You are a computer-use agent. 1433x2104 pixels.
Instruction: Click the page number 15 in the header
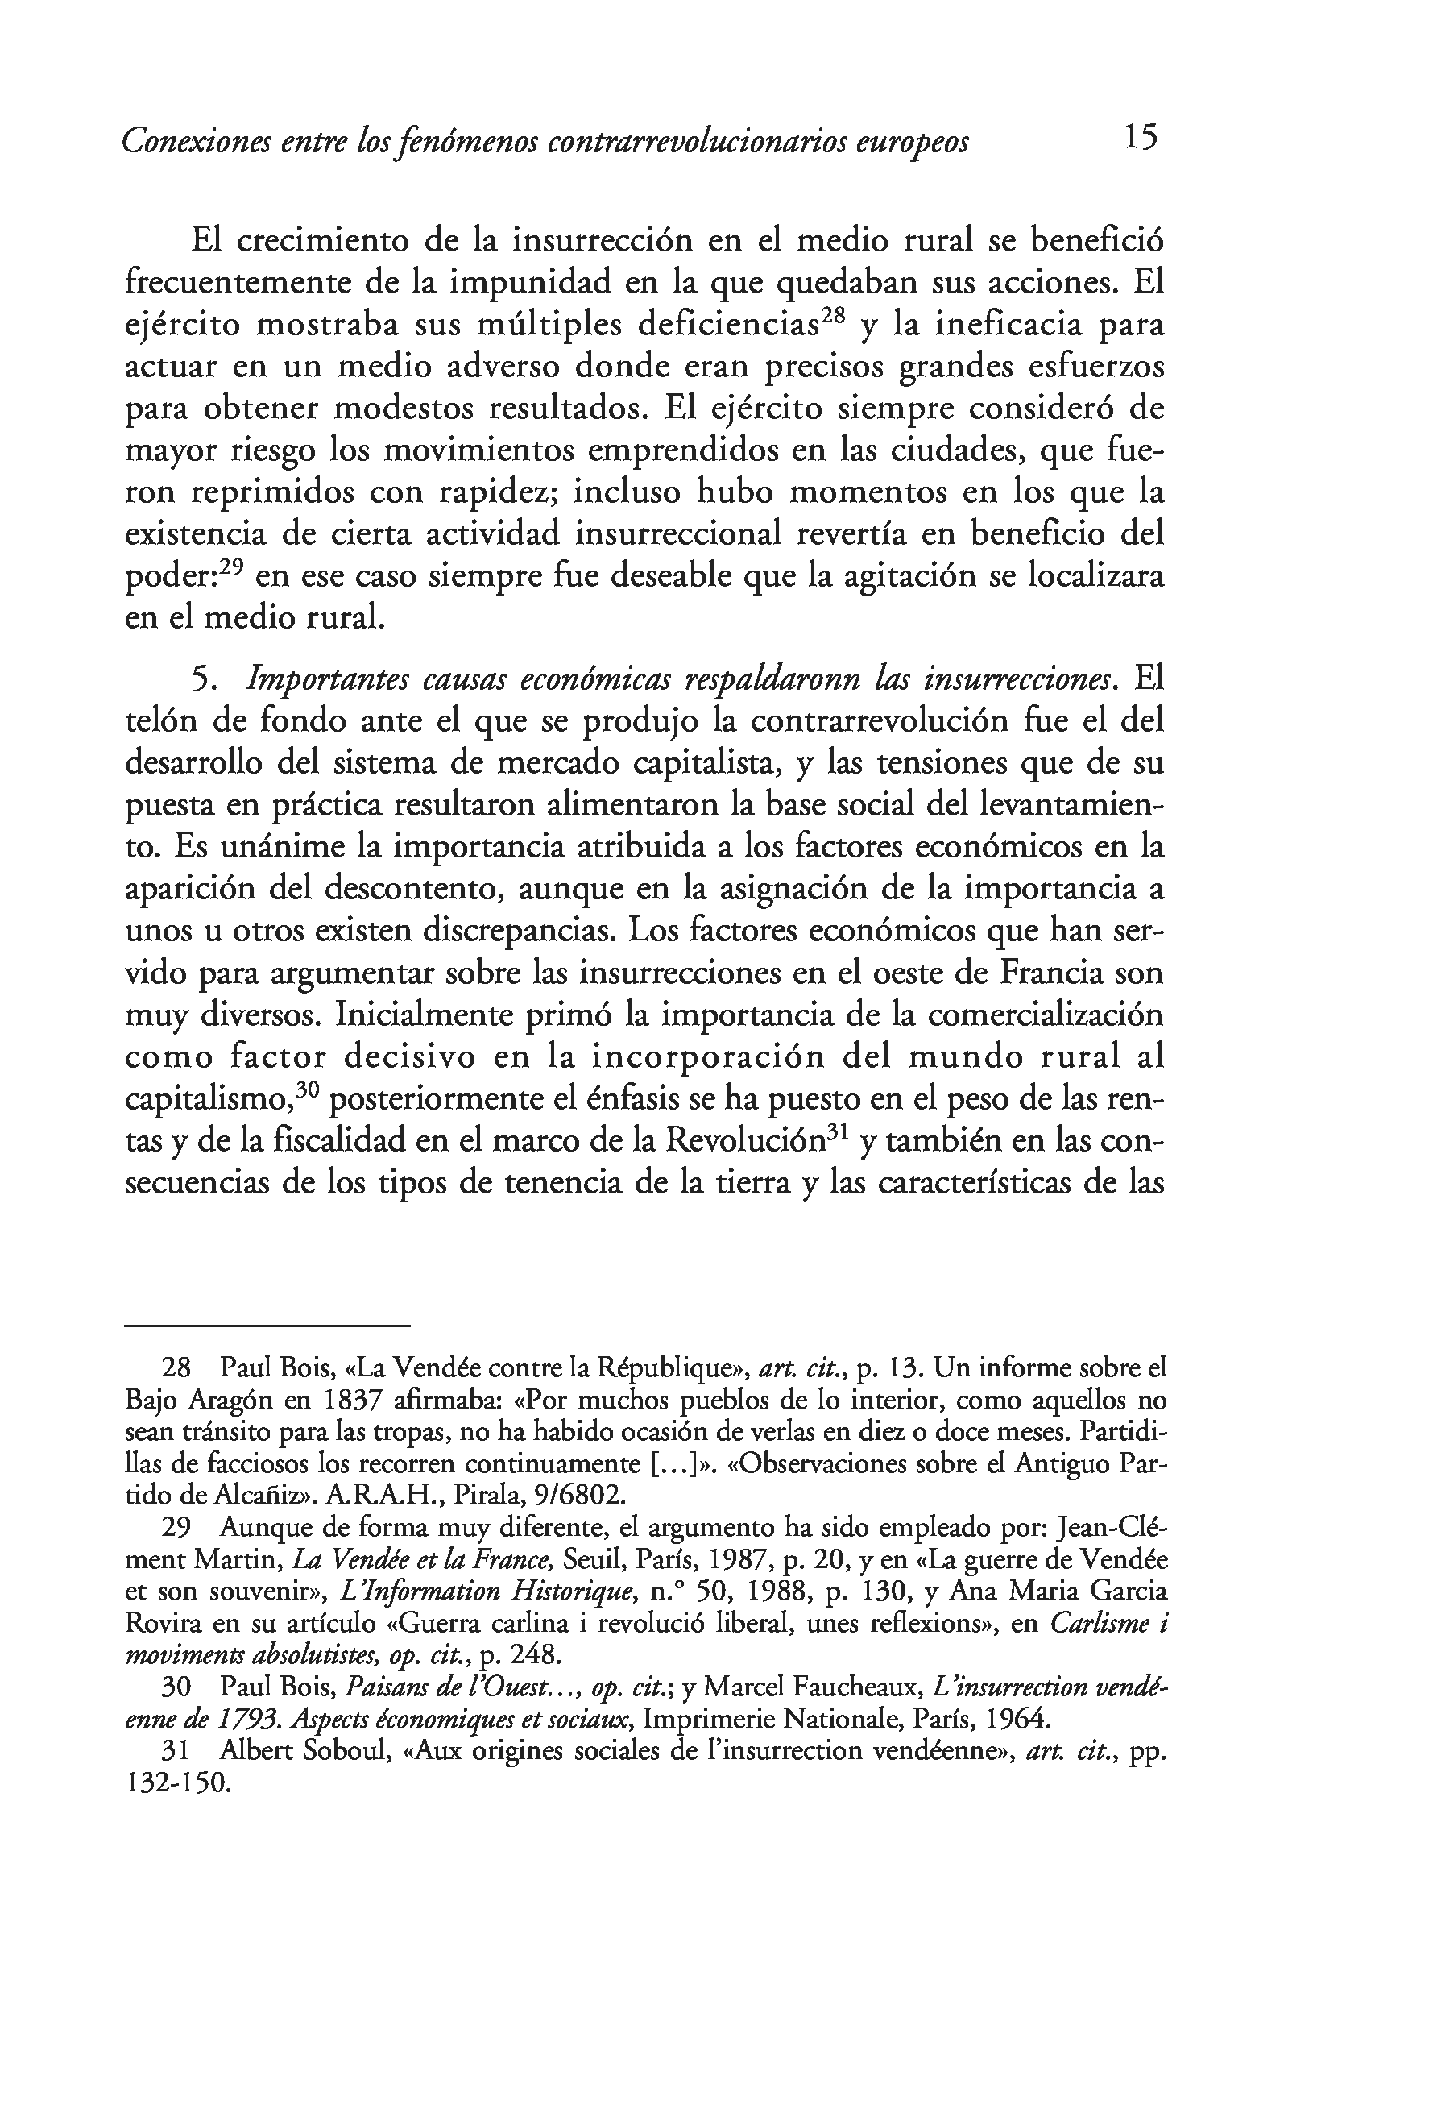(x=1140, y=138)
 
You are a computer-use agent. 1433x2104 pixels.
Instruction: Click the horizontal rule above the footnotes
(x=267, y=1326)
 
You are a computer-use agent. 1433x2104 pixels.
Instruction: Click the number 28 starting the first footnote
(x=176, y=1368)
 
